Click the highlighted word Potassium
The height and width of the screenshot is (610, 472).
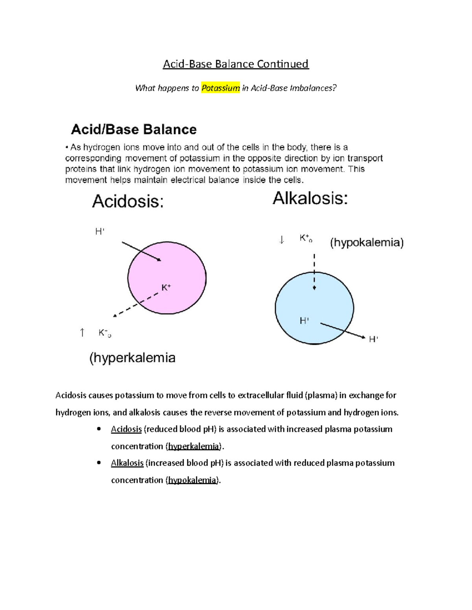220,88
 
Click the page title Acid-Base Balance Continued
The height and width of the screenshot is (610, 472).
236,64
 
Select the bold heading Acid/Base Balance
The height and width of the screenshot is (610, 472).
134,130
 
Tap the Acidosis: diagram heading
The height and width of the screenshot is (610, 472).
128,202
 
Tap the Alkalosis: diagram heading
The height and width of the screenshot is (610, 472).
310,198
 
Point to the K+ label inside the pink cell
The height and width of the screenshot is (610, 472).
166,288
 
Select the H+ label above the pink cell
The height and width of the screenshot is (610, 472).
100,232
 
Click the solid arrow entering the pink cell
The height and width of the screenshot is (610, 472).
141,251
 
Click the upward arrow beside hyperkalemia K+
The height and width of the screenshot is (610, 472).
82,333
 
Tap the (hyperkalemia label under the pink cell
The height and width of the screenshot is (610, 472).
133,358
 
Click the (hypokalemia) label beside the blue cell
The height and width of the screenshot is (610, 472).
367,242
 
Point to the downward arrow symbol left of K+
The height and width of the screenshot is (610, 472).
282,239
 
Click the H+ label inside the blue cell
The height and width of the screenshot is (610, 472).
304,321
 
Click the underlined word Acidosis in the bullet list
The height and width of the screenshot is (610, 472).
126,429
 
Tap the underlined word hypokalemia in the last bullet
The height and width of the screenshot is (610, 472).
192,480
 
